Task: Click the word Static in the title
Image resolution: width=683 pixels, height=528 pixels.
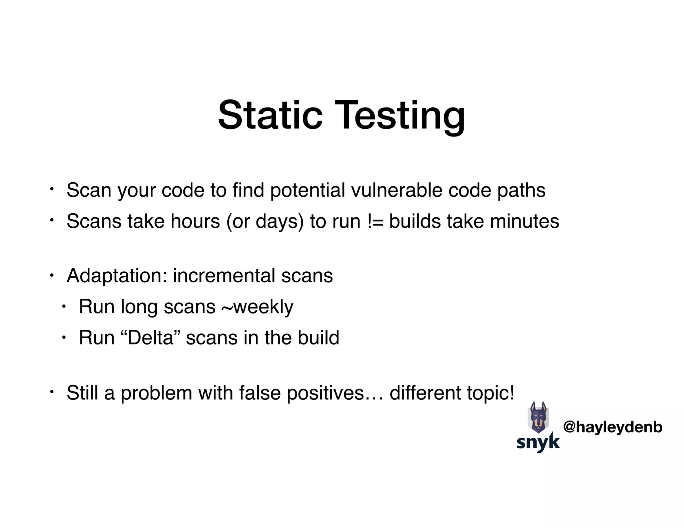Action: click(x=270, y=115)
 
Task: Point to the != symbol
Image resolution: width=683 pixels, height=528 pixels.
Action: click(x=375, y=221)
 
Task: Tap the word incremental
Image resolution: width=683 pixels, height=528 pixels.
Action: click(x=224, y=276)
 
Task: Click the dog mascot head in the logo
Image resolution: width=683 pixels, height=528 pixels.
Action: click(x=538, y=417)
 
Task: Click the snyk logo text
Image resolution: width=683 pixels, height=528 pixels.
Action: click(x=538, y=442)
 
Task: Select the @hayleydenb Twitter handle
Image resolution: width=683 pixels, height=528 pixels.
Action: click(x=613, y=427)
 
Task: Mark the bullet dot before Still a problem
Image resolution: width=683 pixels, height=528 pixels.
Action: click(x=52, y=390)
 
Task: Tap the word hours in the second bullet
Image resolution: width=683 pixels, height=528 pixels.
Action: click(x=195, y=221)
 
